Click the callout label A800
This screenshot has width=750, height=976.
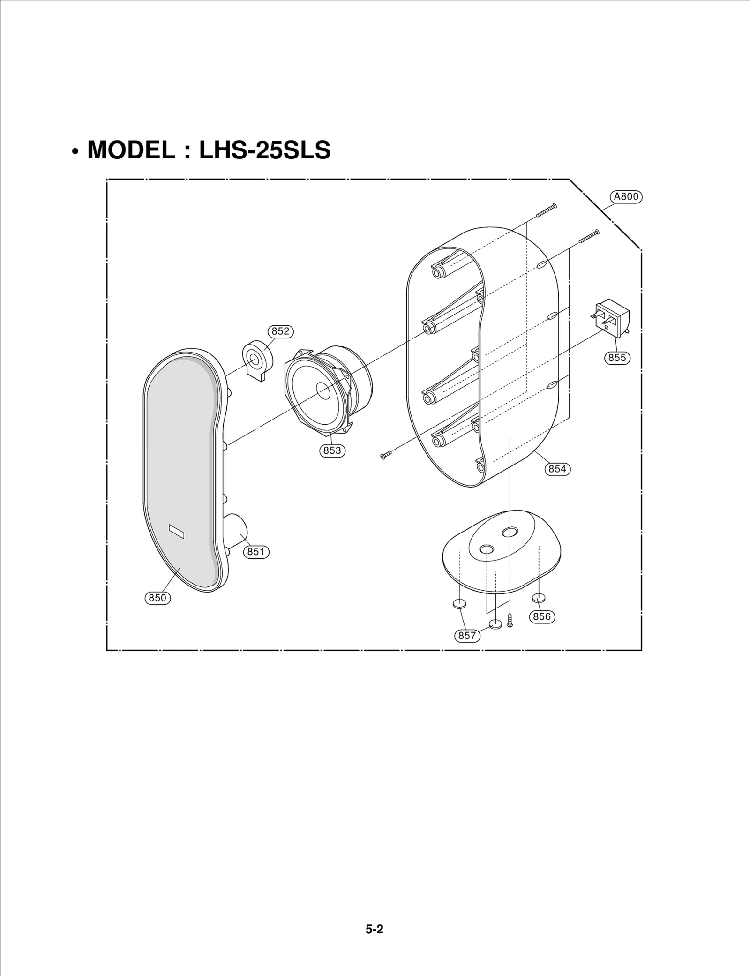tap(626, 197)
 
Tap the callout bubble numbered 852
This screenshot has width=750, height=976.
tap(280, 331)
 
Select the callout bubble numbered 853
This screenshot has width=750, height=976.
tap(332, 450)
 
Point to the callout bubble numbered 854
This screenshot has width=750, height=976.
tap(557, 469)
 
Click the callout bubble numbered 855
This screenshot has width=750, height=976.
tap(617, 358)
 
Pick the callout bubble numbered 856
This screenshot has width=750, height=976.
tap(542, 616)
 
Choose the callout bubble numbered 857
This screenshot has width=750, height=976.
tap(467, 636)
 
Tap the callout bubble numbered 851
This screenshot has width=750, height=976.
tap(256, 552)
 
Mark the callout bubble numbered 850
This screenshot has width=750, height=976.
tap(157, 598)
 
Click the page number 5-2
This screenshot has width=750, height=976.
tap(375, 929)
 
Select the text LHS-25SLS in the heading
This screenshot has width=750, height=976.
tap(265, 150)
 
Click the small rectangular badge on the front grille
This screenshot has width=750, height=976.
tap(177, 532)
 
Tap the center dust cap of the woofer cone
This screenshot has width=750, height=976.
tap(323, 390)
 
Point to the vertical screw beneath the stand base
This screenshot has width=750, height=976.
tap(510, 621)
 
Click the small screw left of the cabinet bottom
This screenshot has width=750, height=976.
tap(386, 455)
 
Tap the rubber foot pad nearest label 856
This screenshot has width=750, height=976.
tap(539, 598)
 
